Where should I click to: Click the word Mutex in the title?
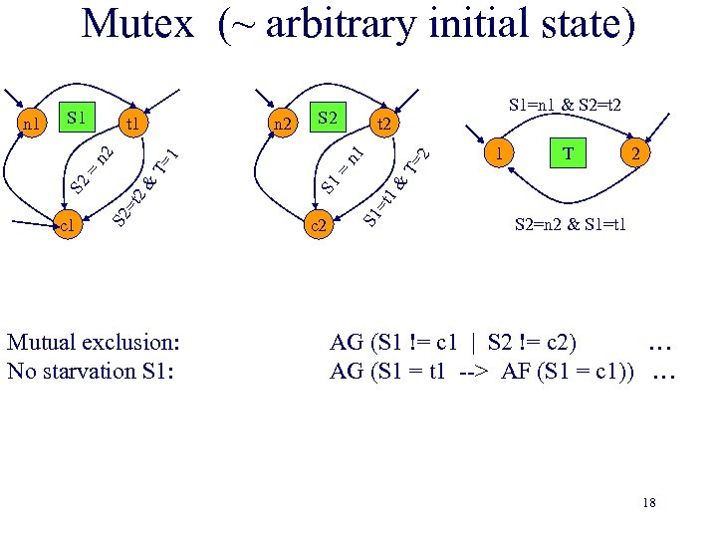(136, 23)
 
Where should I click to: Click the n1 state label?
(32, 126)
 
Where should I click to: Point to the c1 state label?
(68, 226)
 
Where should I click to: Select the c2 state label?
(320, 226)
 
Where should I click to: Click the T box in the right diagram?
(569, 153)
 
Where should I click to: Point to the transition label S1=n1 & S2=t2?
(566, 104)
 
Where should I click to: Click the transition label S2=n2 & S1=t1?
(571, 223)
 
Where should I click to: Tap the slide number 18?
(649, 503)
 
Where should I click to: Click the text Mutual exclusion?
(94, 343)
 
